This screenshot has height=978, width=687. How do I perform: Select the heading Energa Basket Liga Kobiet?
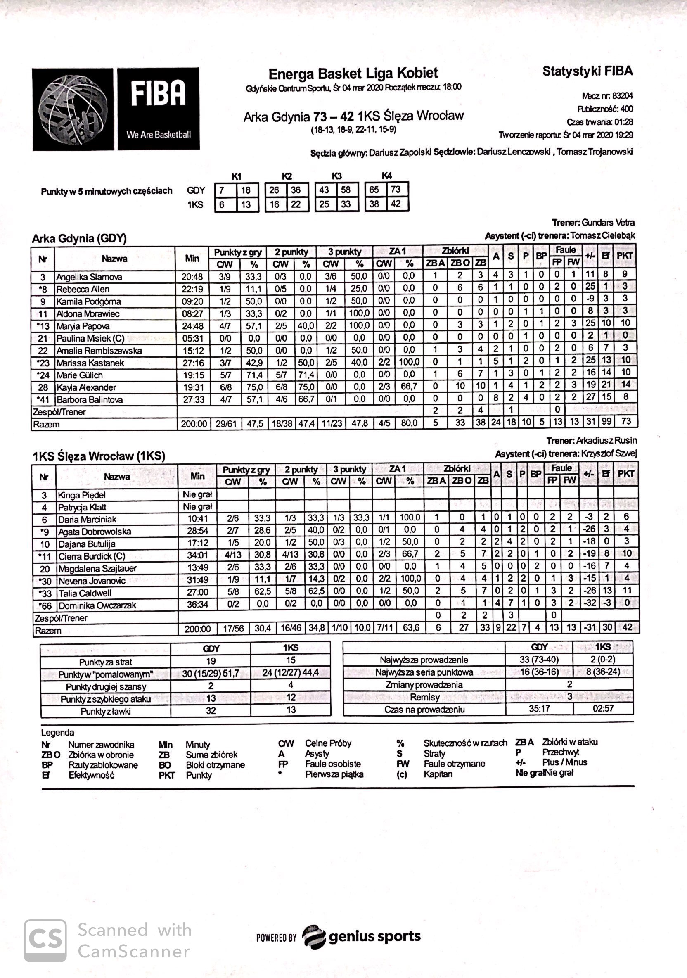pyautogui.click(x=353, y=74)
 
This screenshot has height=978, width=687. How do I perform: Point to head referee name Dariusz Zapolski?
pyautogui.click(x=400, y=152)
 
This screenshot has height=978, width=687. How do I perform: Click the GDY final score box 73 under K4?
pyautogui.click(x=396, y=190)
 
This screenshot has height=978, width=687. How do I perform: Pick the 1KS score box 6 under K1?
pyautogui.click(x=222, y=205)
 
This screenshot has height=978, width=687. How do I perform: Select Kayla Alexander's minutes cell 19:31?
pyautogui.click(x=193, y=388)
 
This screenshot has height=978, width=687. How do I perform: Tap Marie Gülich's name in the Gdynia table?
pyautogui.click(x=80, y=375)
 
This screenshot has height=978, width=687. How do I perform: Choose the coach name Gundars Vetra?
pyautogui.click(x=608, y=222)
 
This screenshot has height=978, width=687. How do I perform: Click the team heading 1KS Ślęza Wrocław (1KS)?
pyautogui.click(x=99, y=456)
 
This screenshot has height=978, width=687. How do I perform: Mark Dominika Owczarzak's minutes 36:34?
pyautogui.click(x=198, y=605)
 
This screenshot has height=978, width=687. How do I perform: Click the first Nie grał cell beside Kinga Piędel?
pyautogui.click(x=197, y=494)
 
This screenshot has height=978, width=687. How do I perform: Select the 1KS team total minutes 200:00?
pyautogui.click(x=198, y=629)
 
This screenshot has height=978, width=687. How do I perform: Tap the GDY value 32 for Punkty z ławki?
pyautogui.click(x=211, y=710)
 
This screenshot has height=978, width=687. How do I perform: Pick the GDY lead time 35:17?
pyautogui.click(x=539, y=709)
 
